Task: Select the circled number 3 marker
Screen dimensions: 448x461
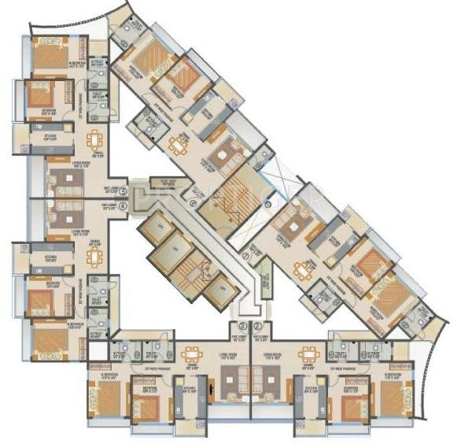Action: pyautogui.click(x=243, y=325)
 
